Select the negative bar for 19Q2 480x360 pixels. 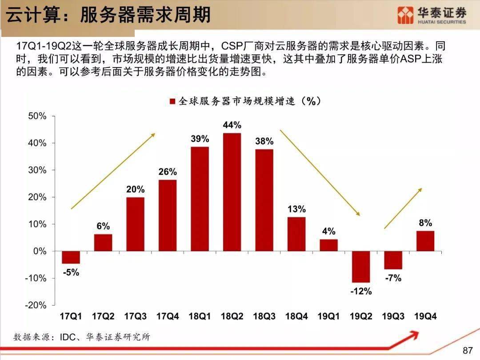tap(361, 267)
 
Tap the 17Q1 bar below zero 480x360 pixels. tap(71, 257)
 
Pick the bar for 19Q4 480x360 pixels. tap(425, 241)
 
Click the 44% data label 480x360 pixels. tap(232, 125)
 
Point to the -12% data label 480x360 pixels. tap(361, 292)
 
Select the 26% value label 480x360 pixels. tap(168, 172)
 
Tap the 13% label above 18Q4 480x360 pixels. tap(296, 209)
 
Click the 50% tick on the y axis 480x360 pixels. tap(37, 116)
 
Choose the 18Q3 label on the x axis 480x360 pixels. tap(264, 317)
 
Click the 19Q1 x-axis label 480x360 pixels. tap(329, 317)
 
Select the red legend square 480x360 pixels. tap(172, 102)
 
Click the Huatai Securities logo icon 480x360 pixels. tap(405, 16)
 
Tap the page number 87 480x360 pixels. tap(468, 351)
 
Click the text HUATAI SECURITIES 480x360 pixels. tap(442, 22)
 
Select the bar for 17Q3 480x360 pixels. tap(136, 224)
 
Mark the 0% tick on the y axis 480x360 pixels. tap(40, 251)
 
